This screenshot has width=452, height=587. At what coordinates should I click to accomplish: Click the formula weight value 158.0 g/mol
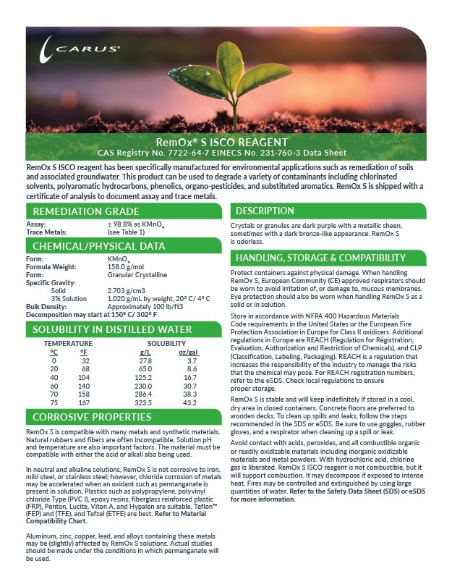click(x=127, y=267)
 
